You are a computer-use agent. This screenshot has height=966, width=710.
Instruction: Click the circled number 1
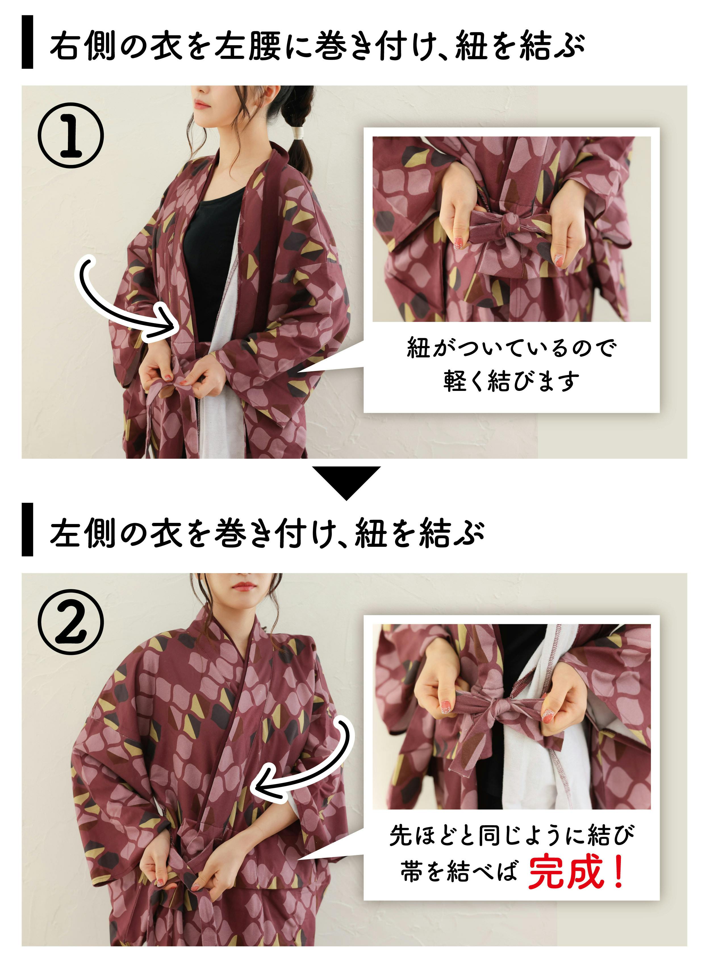point(71,135)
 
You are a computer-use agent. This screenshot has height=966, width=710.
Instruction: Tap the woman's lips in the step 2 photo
point(244,586)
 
